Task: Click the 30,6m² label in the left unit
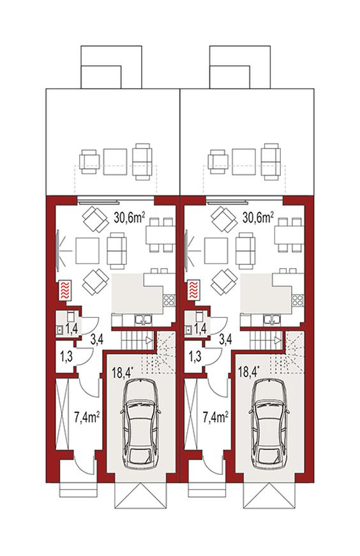129,218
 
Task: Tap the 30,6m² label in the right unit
258,218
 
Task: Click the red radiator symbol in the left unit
65,290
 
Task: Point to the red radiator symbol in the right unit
193,290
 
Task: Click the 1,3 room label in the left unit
66,356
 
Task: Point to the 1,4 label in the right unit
200,329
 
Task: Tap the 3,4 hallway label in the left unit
97,340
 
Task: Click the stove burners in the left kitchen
169,300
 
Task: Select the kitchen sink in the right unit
272,320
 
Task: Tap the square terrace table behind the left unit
116,162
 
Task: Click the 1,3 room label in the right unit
195,356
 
